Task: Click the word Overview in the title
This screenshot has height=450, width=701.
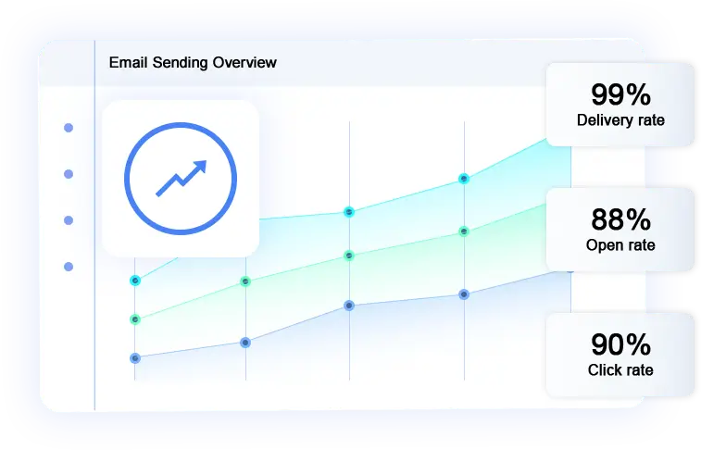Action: point(244,63)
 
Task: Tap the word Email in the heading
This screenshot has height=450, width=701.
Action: point(129,63)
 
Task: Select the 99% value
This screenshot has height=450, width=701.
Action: point(620,94)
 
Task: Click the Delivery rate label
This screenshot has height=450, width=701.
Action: point(620,120)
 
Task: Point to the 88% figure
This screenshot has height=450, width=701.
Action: point(620,219)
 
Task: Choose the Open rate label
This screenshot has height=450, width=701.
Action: point(620,245)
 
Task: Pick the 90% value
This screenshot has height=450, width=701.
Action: point(620,344)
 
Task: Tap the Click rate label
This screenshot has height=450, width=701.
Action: point(620,370)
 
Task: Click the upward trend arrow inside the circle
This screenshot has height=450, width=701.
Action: point(181,177)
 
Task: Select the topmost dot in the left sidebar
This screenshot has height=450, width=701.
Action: point(69,128)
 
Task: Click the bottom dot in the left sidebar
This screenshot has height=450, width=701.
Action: point(69,267)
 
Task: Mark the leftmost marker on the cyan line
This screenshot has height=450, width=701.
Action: point(135,280)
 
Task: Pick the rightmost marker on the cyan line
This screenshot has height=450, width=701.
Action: point(464,179)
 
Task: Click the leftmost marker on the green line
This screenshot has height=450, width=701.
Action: point(135,319)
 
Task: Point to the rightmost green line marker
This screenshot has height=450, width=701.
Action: point(464,231)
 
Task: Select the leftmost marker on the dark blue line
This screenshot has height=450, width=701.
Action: point(135,357)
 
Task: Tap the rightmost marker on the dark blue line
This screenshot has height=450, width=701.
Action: point(464,294)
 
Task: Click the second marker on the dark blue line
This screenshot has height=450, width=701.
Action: point(245,342)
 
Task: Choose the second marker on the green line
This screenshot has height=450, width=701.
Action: point(245,281)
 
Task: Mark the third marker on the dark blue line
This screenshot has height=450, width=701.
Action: point(349,305)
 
